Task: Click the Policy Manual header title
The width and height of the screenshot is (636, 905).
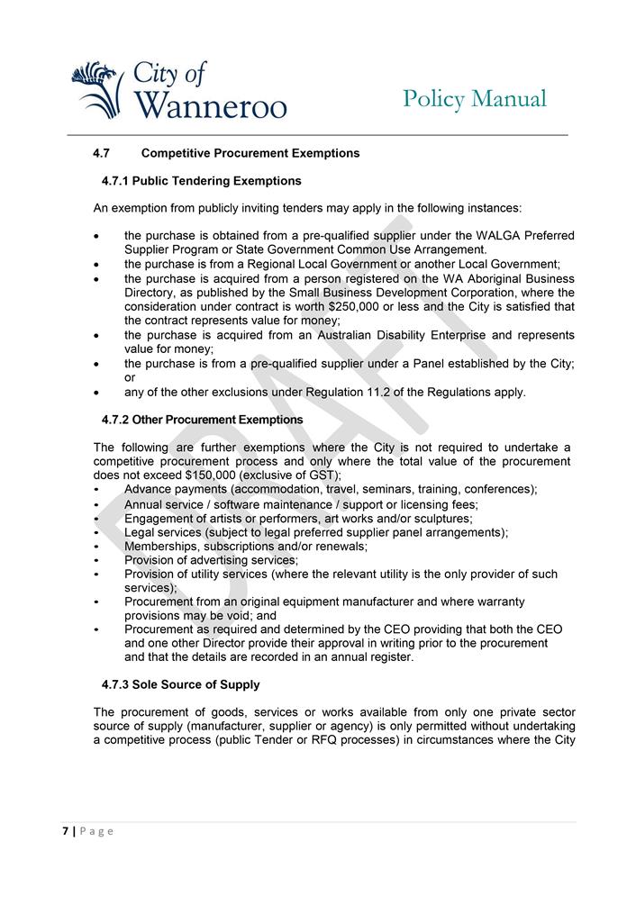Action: point(474,98)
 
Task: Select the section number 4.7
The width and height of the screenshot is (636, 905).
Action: point(102,153)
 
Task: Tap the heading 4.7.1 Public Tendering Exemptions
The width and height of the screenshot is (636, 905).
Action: point(202,181)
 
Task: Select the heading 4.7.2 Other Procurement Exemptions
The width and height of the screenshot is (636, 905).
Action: point(203,420)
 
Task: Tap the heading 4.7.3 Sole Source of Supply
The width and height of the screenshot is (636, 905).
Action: point(181,684)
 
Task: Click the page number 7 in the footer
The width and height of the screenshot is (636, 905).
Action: point(65,831)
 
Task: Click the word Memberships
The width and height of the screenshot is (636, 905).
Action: point(158,546)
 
